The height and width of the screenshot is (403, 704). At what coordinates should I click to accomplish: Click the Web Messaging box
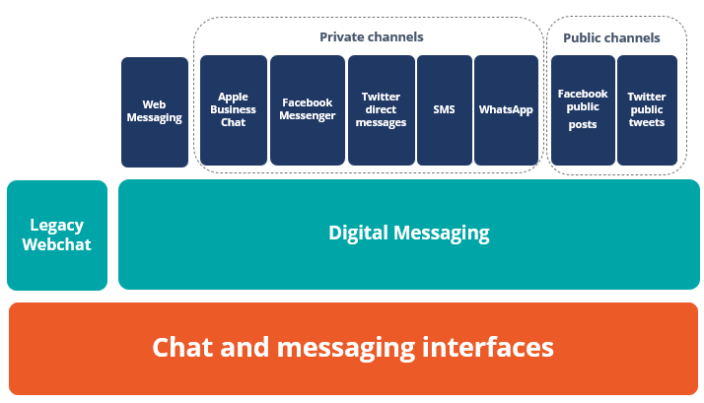[x=155, y=112]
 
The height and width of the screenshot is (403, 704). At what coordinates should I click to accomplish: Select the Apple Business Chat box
[x=234, y=110]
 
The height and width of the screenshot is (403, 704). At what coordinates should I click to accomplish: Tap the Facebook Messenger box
[x=308, y=110]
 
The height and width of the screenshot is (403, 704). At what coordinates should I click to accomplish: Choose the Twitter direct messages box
[x=382, y=110]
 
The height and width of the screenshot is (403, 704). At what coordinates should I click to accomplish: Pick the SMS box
[x=445, y=110]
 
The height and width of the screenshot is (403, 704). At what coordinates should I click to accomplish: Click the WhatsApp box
[x=506, y=110]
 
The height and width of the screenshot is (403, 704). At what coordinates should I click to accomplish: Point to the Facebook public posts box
[x=583, y=110]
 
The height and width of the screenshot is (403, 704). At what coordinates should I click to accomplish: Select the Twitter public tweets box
[x=647, y=110]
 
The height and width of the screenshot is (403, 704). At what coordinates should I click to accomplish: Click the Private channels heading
[x=372, y=36]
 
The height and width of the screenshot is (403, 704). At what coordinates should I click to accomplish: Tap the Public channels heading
[x=611, y=37]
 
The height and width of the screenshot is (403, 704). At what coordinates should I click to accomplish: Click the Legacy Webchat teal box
[x=57, y=235]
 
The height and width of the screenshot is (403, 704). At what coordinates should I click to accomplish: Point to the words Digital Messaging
[x=409, y=234]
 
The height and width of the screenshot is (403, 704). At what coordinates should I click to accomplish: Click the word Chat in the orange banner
[x=182, y=347]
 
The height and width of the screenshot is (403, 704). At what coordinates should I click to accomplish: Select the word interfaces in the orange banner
[x=488, y=347]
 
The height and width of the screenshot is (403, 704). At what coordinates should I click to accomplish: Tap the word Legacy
[x=56, y=226]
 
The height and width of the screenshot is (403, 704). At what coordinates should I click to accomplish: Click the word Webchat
[x=56, y=244]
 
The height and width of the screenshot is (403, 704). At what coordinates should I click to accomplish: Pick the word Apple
[x=233, y=97]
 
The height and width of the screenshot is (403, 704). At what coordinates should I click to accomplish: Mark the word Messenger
[x=307, y=116]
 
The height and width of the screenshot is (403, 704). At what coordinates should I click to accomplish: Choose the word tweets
[x=647, y=122]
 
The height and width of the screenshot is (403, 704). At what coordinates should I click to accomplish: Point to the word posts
[x=583, y=125]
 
